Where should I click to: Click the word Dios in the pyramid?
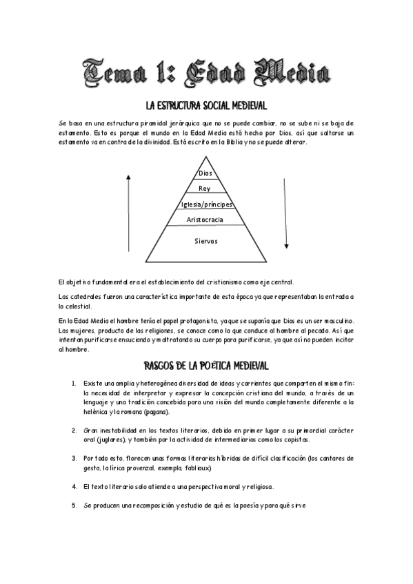205,173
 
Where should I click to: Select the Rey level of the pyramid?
204,188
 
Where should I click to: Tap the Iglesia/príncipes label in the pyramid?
206,205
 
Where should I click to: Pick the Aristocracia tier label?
205,219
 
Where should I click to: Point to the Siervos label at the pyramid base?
205,241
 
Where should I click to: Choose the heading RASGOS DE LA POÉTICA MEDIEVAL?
205,364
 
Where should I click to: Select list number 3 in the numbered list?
74,457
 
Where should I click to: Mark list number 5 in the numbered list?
74,505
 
